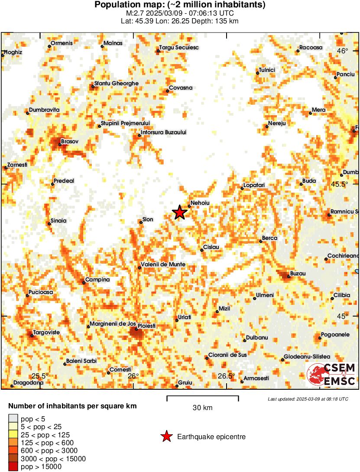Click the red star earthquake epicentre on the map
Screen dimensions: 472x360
(x=179, y=212)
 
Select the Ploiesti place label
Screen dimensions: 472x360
(x=146, y=325)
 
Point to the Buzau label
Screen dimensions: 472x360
(x=298, y=274)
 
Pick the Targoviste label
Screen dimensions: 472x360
(x=47, y=332)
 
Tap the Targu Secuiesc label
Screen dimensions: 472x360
(x=179, y=47)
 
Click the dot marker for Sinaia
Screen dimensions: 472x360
(x=49, y=223)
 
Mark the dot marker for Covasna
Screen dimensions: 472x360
(x=167, y=91)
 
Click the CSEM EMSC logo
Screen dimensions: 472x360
(x=331, y=375)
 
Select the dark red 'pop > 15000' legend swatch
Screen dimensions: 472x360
(x=13, y=466)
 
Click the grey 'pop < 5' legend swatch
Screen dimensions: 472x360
(x=13, y=418)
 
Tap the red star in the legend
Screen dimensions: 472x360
(x=166, y=437)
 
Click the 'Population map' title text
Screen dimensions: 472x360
(x=180, y=5)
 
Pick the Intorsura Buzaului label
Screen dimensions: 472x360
(x=164, y=132)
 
